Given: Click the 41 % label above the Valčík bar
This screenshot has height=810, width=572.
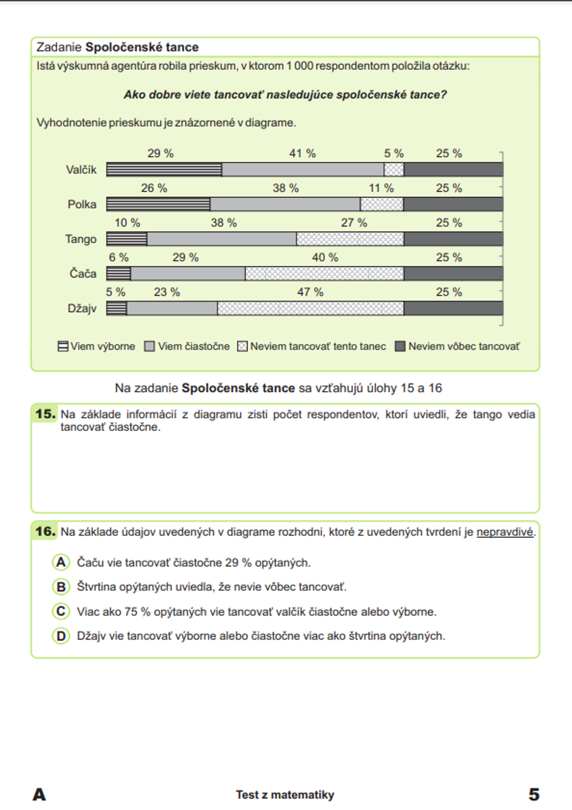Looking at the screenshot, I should coord(302,153).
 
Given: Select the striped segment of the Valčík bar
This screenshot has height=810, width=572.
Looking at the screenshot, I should coord(164,169).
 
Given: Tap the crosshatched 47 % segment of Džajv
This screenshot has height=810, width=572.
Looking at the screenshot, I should coord(311,308).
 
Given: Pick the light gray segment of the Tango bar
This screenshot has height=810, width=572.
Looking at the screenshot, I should coord(222,239).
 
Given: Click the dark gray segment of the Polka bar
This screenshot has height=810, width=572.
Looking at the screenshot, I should coord(453,204).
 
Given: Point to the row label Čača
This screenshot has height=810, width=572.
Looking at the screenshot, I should coord(83,273).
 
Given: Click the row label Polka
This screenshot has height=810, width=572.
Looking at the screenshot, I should coord(82,204).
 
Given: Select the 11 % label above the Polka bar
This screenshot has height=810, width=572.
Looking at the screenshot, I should coord(381,188).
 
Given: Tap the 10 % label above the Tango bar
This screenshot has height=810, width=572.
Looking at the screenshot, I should coord(127,223).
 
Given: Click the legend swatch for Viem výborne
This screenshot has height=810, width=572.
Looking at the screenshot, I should coord(63,346).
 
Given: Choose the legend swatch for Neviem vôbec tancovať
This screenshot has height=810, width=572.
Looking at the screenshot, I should coord(400,346).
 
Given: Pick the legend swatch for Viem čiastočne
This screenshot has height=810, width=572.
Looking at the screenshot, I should coord(149,346).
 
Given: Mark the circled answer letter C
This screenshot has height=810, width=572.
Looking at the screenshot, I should coord(61,612).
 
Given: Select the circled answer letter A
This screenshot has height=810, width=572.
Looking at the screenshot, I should coord(61,562).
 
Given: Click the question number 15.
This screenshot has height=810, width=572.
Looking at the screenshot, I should coord(45,414).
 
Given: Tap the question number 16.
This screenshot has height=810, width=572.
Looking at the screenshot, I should coord(45,531).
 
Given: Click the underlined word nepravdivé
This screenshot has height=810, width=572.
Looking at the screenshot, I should coord(505,532).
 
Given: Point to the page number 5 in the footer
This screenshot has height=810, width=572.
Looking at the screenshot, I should coord(533,794).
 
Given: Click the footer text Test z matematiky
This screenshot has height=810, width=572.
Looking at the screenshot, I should coord(285,795).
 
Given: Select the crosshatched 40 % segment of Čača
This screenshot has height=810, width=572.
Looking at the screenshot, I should coord(324,273).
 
